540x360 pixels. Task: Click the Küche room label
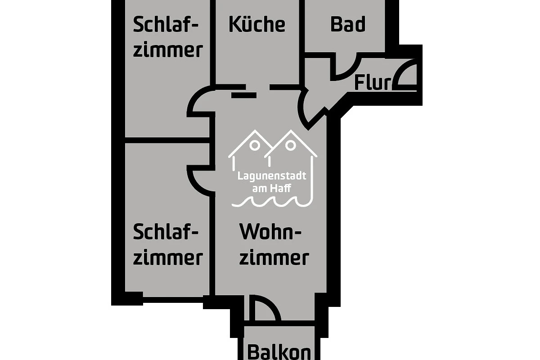(257, 24)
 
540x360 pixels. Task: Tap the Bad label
(348, 24)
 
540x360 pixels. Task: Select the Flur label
(373, 83)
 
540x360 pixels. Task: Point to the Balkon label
(279, 352)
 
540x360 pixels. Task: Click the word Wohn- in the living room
(270, 232)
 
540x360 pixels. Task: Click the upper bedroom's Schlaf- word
(166, 24)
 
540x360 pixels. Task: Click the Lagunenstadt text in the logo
(272, 176)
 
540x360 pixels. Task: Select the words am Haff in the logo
(272, 188)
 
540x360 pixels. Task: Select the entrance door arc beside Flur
(401, 67)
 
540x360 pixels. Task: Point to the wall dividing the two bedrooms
(167, 140)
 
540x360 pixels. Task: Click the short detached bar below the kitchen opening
(244, 95)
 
